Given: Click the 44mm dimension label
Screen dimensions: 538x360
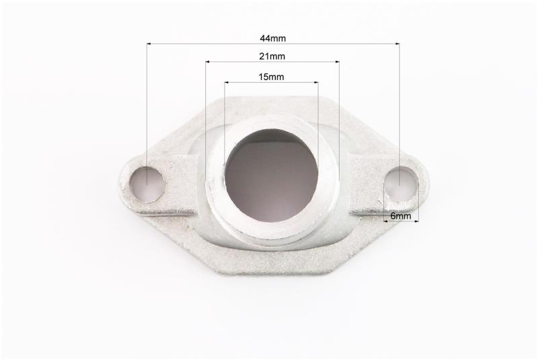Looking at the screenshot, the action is (272, 38).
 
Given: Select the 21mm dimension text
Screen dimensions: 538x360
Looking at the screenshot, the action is (272, 57).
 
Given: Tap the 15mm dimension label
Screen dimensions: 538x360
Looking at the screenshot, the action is (271, 77).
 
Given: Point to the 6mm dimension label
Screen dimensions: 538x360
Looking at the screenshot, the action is (400, 216).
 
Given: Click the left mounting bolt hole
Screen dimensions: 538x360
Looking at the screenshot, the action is (147, 184).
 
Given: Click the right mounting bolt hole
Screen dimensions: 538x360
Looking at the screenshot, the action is (401, 184).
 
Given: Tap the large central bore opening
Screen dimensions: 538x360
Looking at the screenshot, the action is (272, 176).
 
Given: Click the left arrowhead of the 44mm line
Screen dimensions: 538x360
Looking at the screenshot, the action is (149, 44).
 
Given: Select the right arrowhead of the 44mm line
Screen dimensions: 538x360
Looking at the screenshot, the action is (397, 44).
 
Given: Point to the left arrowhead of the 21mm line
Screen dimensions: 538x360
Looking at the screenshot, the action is (208, 62).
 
